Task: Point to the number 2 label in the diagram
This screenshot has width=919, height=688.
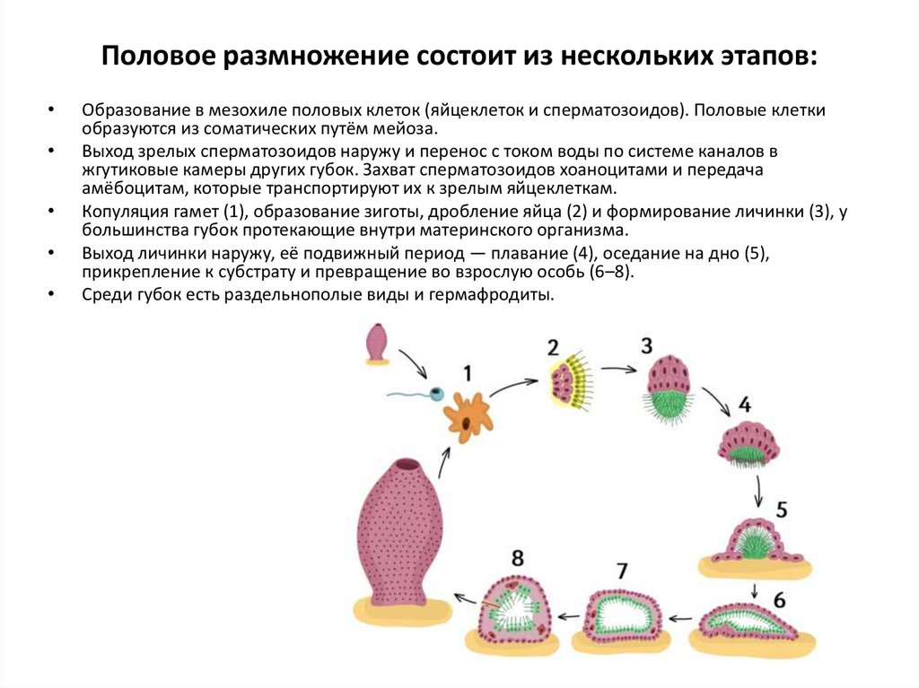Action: pos(553,347)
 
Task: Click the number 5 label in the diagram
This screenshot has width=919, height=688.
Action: pos(781,509)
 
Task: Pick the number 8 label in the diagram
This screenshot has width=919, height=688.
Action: pos(518,558)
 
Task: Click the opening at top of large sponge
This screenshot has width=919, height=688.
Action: pos(407,465)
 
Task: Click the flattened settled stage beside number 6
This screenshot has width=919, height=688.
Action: pos(752,621)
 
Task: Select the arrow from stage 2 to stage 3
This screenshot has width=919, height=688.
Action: pos(619,368)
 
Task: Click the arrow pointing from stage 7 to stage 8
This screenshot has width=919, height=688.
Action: pos(567,617)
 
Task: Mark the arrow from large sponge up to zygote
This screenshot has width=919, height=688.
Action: pos(444,462)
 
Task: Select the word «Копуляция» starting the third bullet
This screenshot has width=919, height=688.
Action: pos(123,212)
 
